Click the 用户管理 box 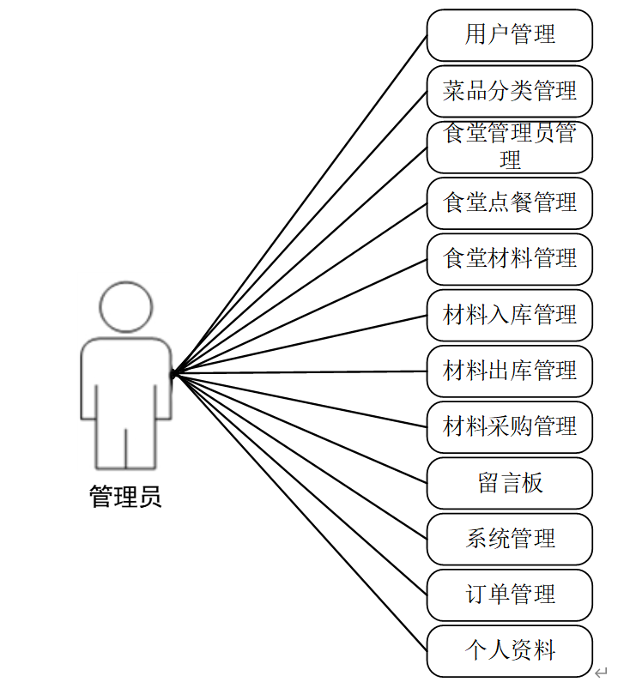pyautogui.click(x=509, y=35)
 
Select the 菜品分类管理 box pyautogui.click(x=509, y=91)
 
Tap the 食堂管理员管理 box pyautogui.click(x=509, y=147)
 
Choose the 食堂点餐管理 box pyautogui.click(x=509, y=203)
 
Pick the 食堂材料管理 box pyautogui.click(x=509, y=259)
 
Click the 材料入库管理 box pyautogui.click(x=509, y=315)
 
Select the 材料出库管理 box pyautogui.click(x=509, y=371)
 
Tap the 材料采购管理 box pyautogui.click(x=509, y=427)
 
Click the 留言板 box pyautogui.click(x=509, y=483)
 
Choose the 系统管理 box pyautogui.click(x=509, y=539)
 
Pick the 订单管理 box pyautogui.click(x=509, y=594)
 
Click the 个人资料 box pyautogui.click(x=509, y=651)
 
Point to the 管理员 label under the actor pyautogui.click(x=125, y=497)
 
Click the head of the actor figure pyautogui.click(x=125, y=306)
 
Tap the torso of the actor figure pyautogui.click(x=125, y=377)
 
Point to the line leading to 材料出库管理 pyautogui.click(x=300, y=372)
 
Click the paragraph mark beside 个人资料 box pyautogui.click(x=602, y=673)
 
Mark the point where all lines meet pyautogui.click(x=173, y=373)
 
